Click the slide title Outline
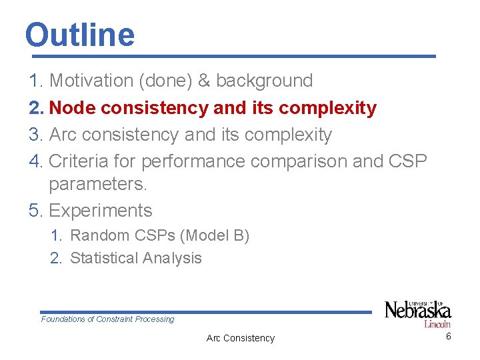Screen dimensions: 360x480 (x=79, y=35)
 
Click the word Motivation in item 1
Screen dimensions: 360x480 (x=91, y=81)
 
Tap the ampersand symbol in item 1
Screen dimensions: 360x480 (x=204, y=81)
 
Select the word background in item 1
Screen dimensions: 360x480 (x=264, y=81)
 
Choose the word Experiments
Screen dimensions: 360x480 (x=101, y=211)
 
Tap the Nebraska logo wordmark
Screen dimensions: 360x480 (x=418, y=310)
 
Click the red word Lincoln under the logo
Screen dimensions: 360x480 (x=437, y=323)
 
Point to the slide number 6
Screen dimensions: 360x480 (x=448, y=336)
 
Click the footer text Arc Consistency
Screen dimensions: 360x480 (x=240, y=338)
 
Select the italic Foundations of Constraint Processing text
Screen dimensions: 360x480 (x=107, y=319)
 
